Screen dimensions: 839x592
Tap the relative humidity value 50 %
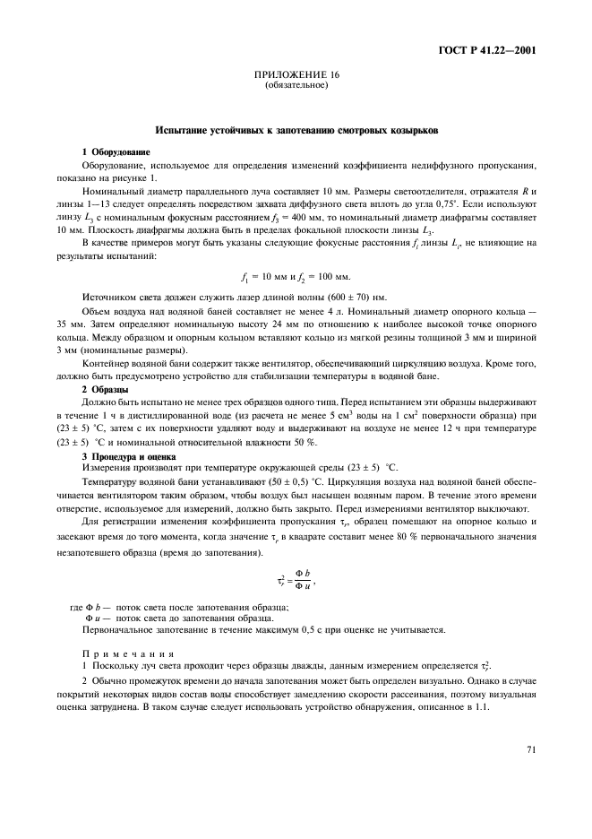(x=304, y=443)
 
